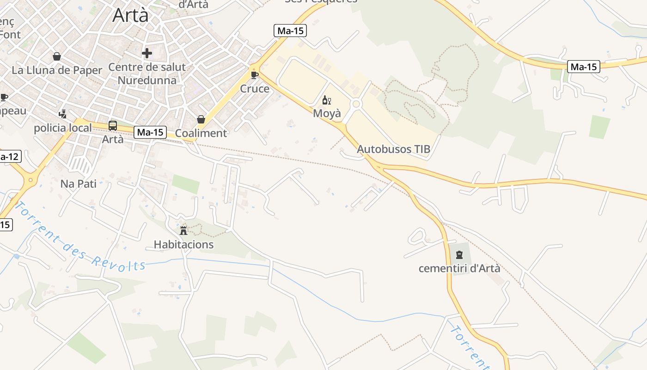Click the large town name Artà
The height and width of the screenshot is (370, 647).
point(131,15)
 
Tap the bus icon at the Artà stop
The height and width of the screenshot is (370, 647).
point(112,125)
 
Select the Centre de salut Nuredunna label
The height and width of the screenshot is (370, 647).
point(147,74)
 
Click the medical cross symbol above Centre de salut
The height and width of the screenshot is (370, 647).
point(147,53)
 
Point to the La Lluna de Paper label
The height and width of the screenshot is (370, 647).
point(57,70)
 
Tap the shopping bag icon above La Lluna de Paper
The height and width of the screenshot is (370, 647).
point(57,56)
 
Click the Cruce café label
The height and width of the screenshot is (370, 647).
point(254,88)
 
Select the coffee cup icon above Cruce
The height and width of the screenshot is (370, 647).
point(254,74)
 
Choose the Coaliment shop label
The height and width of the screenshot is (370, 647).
point(201,133)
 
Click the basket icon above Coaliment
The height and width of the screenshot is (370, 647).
point(201,119)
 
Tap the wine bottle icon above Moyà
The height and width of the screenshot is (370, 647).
point(327,100)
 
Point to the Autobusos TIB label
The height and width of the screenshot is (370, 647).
point(393,149)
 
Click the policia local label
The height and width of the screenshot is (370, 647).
point(63,128)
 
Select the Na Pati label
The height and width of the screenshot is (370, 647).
point(79,184)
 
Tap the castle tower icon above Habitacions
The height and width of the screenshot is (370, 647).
point(183,230)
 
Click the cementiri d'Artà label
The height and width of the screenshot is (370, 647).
point(459,268)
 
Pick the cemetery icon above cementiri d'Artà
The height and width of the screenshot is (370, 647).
point(459,254)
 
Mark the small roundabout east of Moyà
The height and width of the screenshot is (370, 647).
point(356,104)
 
